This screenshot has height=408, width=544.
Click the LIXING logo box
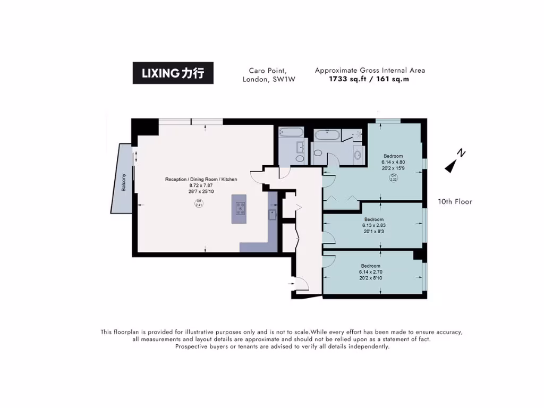pyautogui.click(x=173, y=73)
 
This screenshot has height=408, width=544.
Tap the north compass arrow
pyautogui.click(x=450, y=167)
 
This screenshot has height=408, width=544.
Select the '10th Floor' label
pyautogui.click(x=455, y=201)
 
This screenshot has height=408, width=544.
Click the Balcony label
pyautogui.click(x=124, y=183)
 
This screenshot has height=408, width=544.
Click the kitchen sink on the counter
pyautogui.click(x=273, y=215)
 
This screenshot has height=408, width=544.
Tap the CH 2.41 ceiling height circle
pyautogui.click(x=199, y=203)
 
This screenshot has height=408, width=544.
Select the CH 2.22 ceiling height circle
pyautogui.click(x=393, y=178)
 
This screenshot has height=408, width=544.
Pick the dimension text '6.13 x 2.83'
pyautogui.click(x=374, y=225)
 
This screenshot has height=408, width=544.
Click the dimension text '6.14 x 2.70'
pyautogui.click(x=370, y=272)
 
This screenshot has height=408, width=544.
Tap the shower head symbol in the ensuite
pyautogui.click(x=359, y=134)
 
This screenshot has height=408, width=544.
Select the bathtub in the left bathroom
pyautogui.click(x=292, y=132)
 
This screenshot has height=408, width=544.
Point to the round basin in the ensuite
pyautogui.click(x=358, y=155)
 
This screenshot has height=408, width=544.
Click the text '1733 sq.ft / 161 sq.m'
pyautogui.click(x=369, y=79)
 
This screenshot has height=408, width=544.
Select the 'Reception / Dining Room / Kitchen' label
pyautogui.click(x=201, y=180)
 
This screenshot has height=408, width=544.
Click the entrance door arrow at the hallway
pyautogui.click(x=291, y=284)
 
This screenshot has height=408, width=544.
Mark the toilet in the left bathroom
pyautogui.click(x=300, y=159)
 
